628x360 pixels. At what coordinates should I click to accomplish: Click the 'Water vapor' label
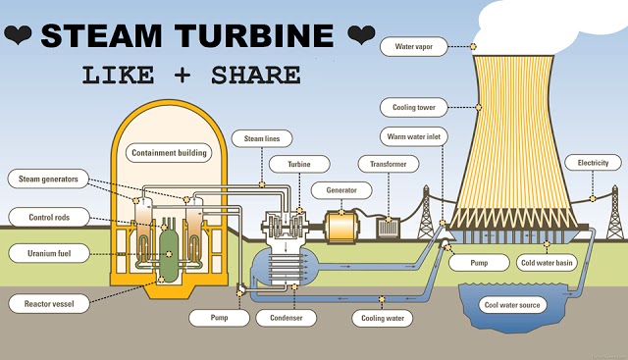pyautogui.click(x=420, y=46)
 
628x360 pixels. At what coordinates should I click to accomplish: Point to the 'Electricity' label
pyautogui.click(x=593, y=163)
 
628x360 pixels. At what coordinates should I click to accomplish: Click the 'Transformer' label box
pyautogui.click(x=382, y=163)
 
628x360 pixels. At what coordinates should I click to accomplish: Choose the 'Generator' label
pyautogui.click(x=335, y=188)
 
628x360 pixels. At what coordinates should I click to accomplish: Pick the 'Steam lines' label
pyautogui.click(x=261, y=140)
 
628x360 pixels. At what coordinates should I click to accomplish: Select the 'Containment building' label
pyautogui.click(x=169, y=152)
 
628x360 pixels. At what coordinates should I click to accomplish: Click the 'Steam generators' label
pyautogui.click(x=48, y=179)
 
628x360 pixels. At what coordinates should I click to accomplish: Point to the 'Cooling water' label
pyautogui.click(x=383, y=318)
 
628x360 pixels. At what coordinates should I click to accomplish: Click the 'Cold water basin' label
pyautogui.click(x=548, y=263)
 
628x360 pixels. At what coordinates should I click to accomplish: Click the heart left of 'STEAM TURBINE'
pyautogui.click(x=19, y=37)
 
